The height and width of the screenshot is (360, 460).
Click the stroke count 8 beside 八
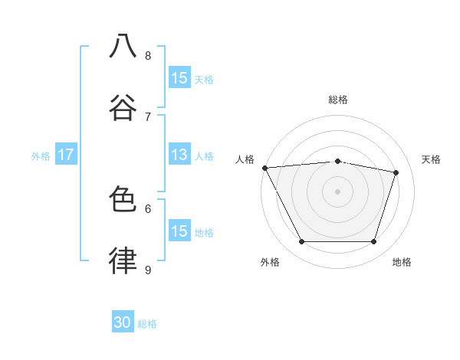point(148,55)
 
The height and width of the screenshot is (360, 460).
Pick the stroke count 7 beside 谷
point(148,116)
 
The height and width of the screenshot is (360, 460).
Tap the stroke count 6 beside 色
point(148,208)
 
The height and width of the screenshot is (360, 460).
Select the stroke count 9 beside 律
point(148,270)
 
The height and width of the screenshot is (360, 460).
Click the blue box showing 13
point(179,155)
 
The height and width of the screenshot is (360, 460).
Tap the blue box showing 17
point(65,155)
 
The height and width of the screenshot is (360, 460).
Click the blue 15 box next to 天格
point(179,78)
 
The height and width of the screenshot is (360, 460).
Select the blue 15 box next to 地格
point(179,231)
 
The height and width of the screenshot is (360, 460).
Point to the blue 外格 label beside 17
point(41,155)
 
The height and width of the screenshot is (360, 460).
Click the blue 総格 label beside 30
point(147,324)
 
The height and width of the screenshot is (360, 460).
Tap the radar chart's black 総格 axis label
point(338,100)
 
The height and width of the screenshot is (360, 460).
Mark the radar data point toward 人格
point(264,168)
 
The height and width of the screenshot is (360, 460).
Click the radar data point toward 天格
point(396,172)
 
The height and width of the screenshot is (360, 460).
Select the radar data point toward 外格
point(301,242)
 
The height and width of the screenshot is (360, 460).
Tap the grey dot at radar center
point(338,191)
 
